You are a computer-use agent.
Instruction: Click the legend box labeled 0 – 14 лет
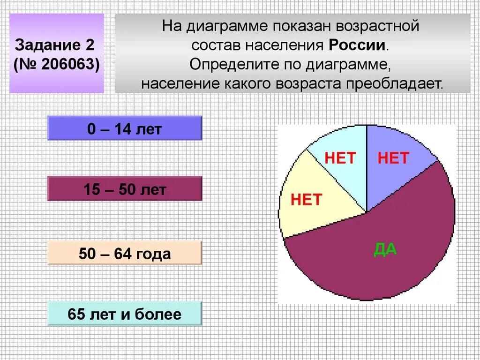(x=124, y=128)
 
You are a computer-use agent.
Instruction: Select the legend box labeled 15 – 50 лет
(x=124, y=189)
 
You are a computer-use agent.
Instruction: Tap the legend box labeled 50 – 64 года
(x=124, y=254)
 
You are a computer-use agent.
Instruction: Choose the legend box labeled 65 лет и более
(x=124, y=314)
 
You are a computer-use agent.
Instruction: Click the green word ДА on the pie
(x=385, y=249)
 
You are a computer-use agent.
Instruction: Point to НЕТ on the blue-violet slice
(x=393, y=158)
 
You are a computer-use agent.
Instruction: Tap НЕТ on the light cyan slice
(x=340, y=158)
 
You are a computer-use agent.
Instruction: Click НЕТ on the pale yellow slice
(x=306, y=200)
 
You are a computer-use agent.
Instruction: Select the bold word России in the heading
(x=358, y=45)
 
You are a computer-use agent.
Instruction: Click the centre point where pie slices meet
(x=367, y=212)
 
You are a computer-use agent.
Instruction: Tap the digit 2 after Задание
(x=90, y=45)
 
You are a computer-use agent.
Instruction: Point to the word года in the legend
(x=154, y=254)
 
